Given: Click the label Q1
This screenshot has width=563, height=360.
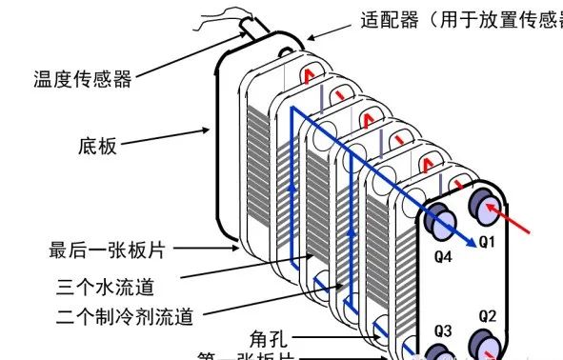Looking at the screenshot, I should [x=487, y=242].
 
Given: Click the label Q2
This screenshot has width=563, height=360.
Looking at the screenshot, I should [x=487, y=315].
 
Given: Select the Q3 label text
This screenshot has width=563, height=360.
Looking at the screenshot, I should [x=443, y=330].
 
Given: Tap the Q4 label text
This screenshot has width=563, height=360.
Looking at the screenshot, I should [x=443, y=256].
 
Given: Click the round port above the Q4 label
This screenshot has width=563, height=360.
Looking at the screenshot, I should [x=444, y=222].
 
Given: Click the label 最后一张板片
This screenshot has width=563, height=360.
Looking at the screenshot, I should [x=107, y=251].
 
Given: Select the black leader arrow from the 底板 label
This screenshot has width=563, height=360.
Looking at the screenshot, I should [x=167, y=139].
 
